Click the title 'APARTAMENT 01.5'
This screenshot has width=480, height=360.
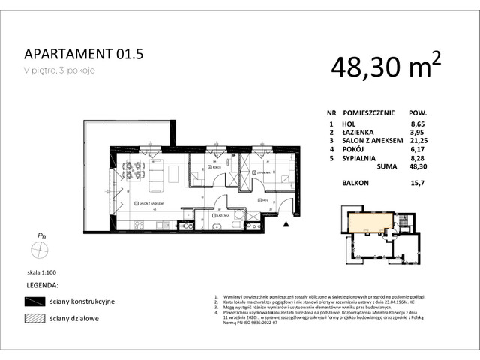(x=83, y=55)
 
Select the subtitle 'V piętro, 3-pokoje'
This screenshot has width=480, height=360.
(x=60, y=71)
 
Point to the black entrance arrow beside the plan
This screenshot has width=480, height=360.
(x=286, y=223)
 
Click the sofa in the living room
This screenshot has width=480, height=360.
(x=158, y=177)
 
